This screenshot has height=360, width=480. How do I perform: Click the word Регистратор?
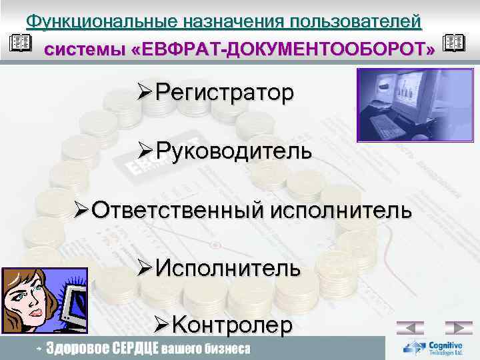[x=224, y=93]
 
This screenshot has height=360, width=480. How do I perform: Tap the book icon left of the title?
[x=21, y=43]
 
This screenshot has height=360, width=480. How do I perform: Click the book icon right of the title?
[x=453, y=44]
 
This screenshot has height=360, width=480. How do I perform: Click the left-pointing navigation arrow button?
[x=410, y=328]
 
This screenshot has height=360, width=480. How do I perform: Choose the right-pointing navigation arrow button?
[x=458, y=328]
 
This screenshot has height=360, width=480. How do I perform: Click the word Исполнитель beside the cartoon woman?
[x=228, y=269]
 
